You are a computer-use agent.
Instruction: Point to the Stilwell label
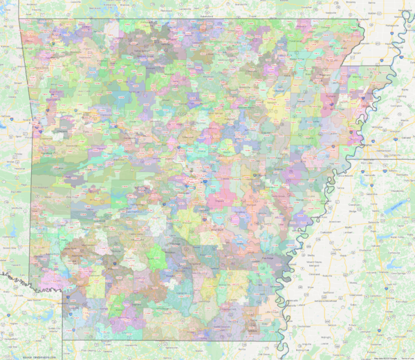pos(15,97)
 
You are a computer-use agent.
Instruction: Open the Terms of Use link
pos(406,357)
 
